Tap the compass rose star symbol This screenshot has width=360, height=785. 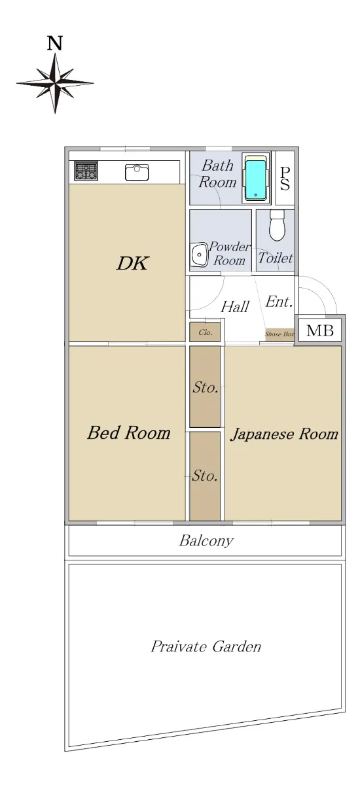click(55, 84)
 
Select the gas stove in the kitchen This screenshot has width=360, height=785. click(86, 171)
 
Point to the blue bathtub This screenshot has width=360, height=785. click(255, 179)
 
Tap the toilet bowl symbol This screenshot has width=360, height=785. click(277, 224)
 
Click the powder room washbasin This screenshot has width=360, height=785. click(199, 254)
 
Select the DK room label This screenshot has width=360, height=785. click(133, 263)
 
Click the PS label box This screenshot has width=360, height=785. click(285, 178)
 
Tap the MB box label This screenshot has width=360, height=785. click(319, 330)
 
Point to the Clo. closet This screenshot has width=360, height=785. click(205, 332)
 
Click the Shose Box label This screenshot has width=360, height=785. click(279, 334)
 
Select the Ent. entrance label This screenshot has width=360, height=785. click(279, 302)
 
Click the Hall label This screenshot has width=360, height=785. click(235, 307)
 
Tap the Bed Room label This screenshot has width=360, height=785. click(129, 433)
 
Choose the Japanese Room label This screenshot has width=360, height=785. click(284, 434)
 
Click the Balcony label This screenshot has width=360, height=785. click(206, 540)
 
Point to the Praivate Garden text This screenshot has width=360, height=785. click(206, 646)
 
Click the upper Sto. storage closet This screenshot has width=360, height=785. click(205, 387)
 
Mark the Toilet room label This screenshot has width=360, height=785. click(276, 258)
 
